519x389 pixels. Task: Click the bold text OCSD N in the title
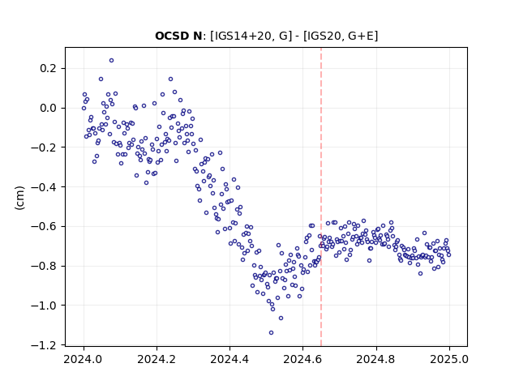coord(178,36)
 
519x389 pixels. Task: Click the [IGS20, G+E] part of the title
coord(341,36)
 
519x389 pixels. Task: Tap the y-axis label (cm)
coord(19,198)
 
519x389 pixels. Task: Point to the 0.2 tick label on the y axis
coord(49,68)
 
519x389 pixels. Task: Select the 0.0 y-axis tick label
coord(49,108)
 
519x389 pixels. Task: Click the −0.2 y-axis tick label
coord(45,147)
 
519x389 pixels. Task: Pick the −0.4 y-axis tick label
coord(45,187)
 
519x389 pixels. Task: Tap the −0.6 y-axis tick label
coord(45,226)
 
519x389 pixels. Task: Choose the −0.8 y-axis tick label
coord(45,266)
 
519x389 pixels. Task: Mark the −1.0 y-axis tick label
coord(45,306)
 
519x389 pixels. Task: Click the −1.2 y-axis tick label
coord(45,345)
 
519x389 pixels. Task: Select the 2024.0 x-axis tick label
coord(84,359)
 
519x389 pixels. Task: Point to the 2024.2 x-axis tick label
coord(157,359)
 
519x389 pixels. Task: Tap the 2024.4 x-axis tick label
coord(229,359)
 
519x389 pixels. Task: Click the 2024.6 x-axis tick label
coord(302,359)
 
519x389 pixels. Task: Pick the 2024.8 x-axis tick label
coord(376,359)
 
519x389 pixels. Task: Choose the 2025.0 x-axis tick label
coord(449,359)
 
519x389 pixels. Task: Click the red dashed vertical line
coord(321,197)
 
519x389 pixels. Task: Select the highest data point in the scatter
coord(112,61)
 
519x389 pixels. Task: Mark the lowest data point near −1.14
coord(271,333)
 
